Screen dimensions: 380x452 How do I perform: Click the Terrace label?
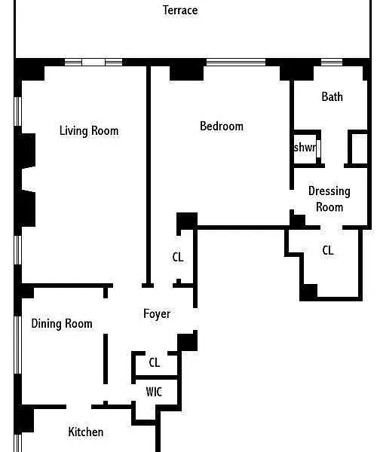[180, 11]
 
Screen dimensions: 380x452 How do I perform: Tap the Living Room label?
[89, 130]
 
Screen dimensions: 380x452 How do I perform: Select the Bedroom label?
[222, 127]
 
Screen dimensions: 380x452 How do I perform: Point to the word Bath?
[332, 96]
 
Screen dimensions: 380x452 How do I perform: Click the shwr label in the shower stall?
[305, 147]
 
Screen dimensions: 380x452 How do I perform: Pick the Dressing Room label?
[329, 199]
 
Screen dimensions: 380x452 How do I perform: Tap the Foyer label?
[157, 313]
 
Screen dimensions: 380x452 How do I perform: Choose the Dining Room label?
[62, 323]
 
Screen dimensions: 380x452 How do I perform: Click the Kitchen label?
[86, 432]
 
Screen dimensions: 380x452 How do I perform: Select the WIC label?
[154, 392]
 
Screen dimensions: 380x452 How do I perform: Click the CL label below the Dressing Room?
[328, 250]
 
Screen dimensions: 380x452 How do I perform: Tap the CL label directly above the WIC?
[155, 362]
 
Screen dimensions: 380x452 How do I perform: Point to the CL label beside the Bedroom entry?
[178, 257]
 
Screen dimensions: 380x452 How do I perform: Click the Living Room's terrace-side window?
[93, 62]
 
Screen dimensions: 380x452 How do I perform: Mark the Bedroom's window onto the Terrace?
[236, 62]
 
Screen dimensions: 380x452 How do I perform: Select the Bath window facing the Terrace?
[332, 62]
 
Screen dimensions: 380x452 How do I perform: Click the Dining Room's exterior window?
[18, 345]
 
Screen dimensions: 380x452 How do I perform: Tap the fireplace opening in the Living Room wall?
[29, 179]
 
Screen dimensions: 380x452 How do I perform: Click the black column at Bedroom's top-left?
[186, 73]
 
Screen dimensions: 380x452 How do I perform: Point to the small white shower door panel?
[318, 148]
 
